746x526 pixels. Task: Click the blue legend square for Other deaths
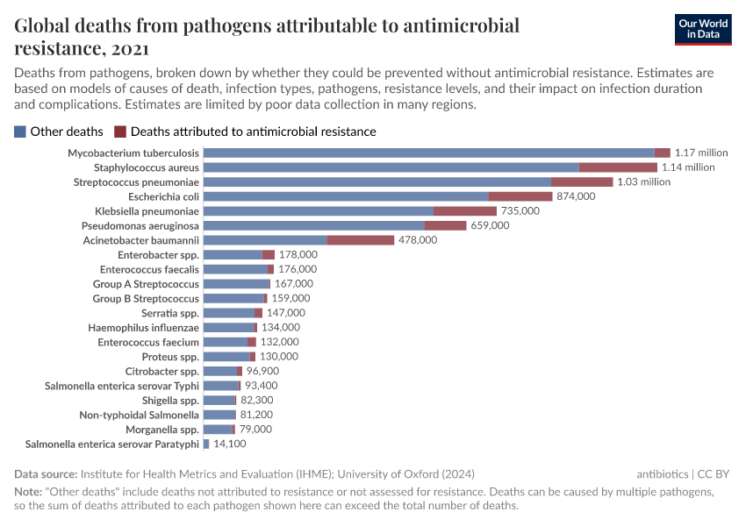point(20,131)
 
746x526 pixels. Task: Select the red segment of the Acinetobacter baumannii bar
point(361,240)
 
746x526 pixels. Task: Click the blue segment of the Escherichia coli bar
point(346,196)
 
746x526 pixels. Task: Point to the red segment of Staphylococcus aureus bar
point(618,167)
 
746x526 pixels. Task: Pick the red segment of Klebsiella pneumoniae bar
point(465,211)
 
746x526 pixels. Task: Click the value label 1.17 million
point(701,153)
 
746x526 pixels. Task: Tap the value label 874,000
point(576,196)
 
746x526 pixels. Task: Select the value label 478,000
point(418,240)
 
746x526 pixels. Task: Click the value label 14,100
point(231,444)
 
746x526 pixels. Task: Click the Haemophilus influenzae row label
point(144,327)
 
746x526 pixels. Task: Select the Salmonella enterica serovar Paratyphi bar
point(206,444)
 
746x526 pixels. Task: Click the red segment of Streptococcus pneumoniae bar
point(582,181)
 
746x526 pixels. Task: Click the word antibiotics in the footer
point(663,474)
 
